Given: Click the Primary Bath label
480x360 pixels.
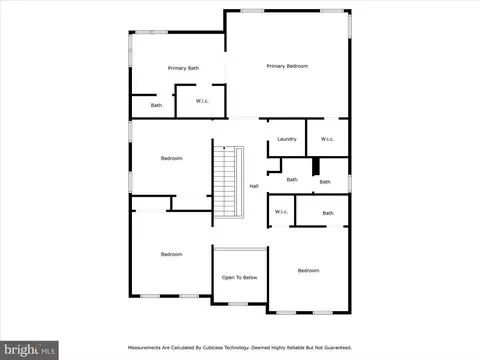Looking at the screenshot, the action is click(183, 68).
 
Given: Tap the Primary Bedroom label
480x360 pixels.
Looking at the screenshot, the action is click(287, 66).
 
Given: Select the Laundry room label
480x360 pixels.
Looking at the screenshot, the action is click(287, 139).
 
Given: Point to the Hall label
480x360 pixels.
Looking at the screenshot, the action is click(254, 186).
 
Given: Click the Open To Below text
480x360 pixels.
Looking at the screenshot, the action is click(239, 277).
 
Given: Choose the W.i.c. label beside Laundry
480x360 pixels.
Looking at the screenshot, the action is click(327, 139).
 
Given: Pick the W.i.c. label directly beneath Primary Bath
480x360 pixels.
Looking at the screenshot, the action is click(202, 101).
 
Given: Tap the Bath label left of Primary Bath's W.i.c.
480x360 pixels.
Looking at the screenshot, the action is click(156, 105).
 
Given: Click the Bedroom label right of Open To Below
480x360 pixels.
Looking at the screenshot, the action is click(308, 270).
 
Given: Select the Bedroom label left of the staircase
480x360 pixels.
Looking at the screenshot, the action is click(172, 158).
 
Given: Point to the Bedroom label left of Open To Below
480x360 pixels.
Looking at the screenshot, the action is click(172, 254).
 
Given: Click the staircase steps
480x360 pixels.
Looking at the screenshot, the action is click(224, 182).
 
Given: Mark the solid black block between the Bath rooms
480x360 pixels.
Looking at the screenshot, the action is click(316, 166).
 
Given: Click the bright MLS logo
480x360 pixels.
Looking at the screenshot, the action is click(29, 350).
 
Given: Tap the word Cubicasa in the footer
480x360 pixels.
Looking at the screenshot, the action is click(213, 348).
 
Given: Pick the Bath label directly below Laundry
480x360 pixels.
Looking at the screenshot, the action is click(292, 180).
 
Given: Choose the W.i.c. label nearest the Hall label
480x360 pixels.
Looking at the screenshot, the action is click(281, 212).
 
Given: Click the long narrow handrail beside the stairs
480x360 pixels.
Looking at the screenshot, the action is click(239, 182).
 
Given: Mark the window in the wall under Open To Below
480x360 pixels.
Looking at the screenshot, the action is click(238, 304).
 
